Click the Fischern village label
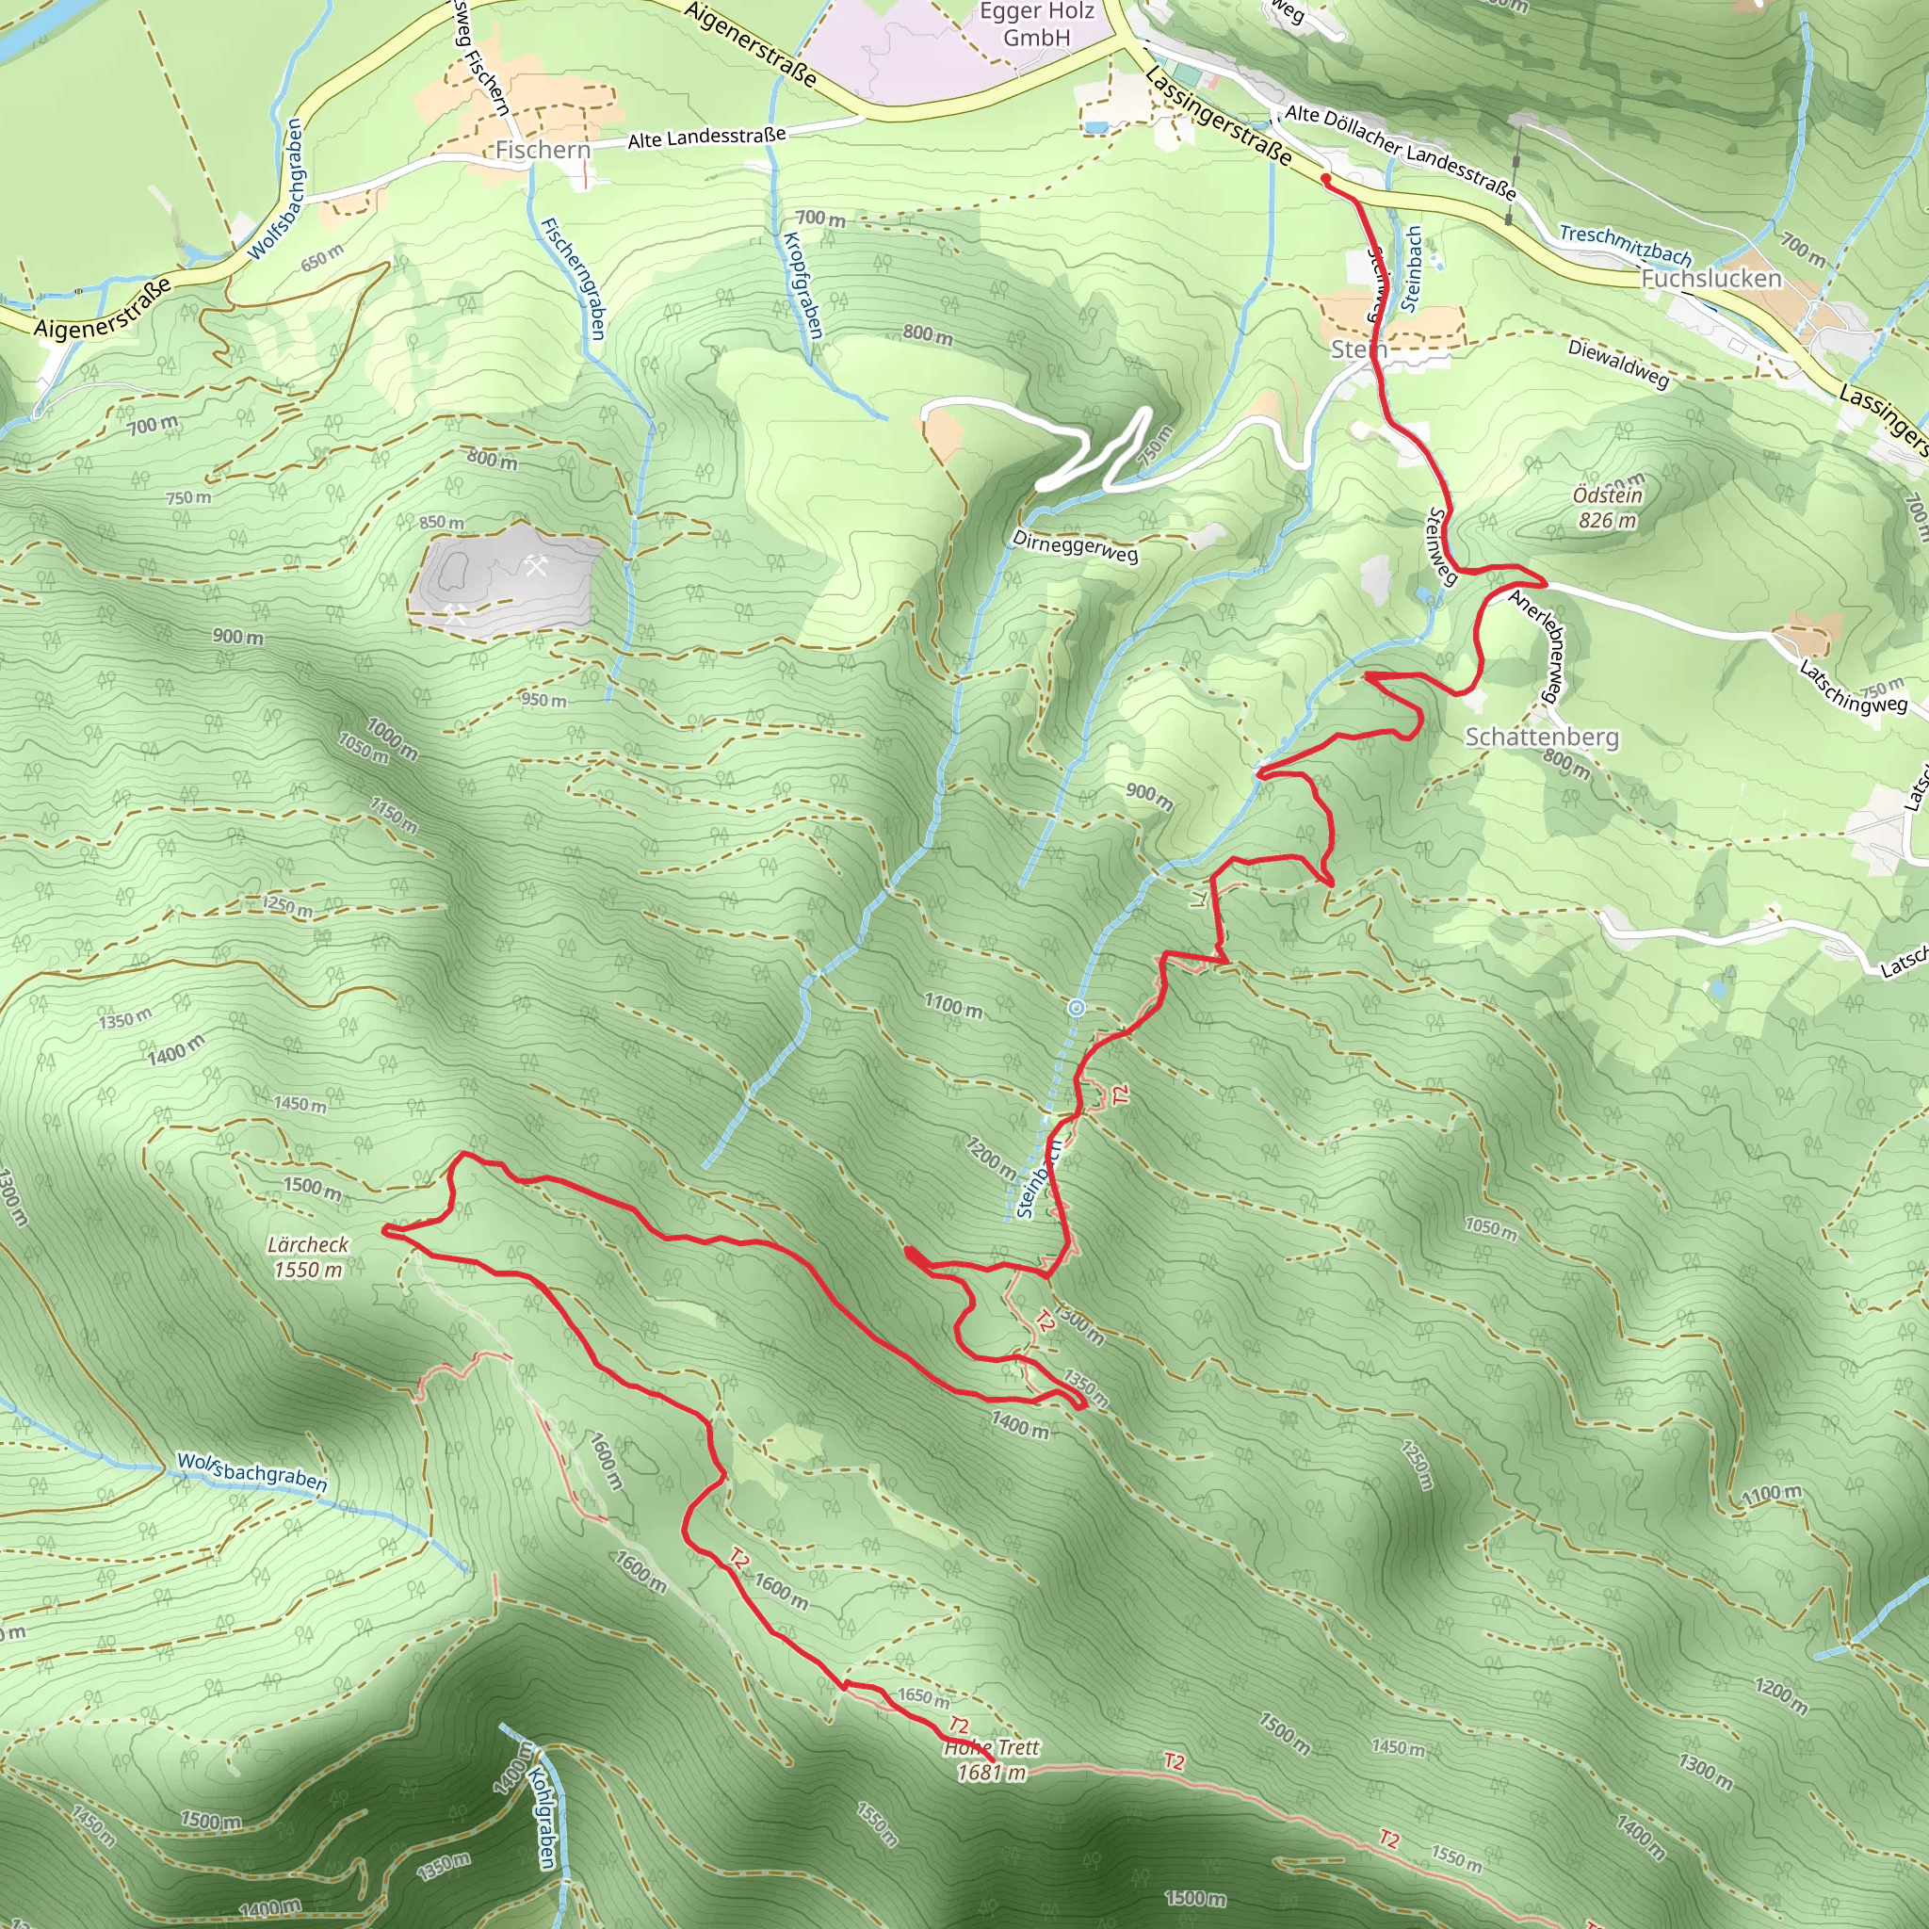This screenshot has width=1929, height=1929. (543, 150)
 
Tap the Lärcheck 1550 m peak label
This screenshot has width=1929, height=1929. (307, 1256)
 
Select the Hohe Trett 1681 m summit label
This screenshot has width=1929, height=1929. (991, 1760)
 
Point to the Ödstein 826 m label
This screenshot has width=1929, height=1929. (1607, 508)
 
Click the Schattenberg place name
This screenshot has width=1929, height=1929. (1542, 737)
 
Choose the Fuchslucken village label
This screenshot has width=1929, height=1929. (1711, 279)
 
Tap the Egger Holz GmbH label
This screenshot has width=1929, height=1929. (1036, 25)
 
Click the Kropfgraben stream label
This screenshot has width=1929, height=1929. (802, 284)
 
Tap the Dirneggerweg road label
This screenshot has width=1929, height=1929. (1075, 546)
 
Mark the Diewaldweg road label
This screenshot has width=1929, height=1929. (1617, 364)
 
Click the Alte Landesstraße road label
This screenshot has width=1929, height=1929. (705, 138)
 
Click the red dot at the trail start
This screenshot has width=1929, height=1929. (1325, 179)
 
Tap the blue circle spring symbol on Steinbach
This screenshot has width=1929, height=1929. (1077, 1009)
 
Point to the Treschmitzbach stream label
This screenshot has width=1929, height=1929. (1625, 245)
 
